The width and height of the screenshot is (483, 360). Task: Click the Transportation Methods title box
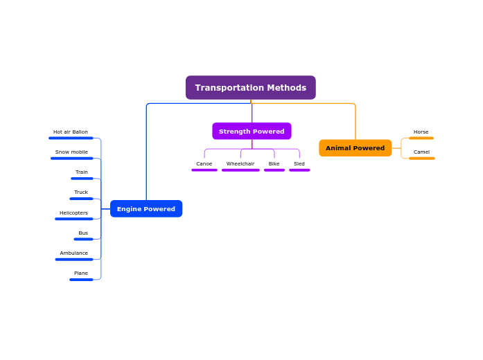tap(250, 88)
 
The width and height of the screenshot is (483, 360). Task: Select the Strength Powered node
tap(252, 132)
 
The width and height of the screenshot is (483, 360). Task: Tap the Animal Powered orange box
tap(355, 148)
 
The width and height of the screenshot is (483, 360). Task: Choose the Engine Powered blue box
tap(146, 209)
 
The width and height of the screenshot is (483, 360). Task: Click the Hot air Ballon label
tap(71, 132)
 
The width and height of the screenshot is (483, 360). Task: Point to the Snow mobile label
tap(71, 152)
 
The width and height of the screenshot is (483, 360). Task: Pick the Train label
tap(82, 172)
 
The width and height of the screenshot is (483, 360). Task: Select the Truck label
tap(81, 192)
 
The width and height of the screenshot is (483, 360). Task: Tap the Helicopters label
tap(73, 213)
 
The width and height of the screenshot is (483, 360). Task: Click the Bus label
tap(83, 233)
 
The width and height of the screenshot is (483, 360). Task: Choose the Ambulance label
tap(73, 253)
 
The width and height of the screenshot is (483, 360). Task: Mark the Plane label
tap(81, 273)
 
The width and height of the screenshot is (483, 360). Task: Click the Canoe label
tap(204, 164)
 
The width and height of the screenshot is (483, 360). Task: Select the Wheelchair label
tap(240, 164)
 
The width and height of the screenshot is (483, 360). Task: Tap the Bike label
tap(274, 164)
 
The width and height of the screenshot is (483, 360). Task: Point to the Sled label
tap(299, 164)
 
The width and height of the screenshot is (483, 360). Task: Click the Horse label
tap(421, 132)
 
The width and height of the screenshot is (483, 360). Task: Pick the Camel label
tap(421, 152)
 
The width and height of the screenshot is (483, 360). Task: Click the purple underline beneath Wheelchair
tap(240, 170)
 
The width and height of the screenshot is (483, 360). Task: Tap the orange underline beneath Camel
tap(421, 159)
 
